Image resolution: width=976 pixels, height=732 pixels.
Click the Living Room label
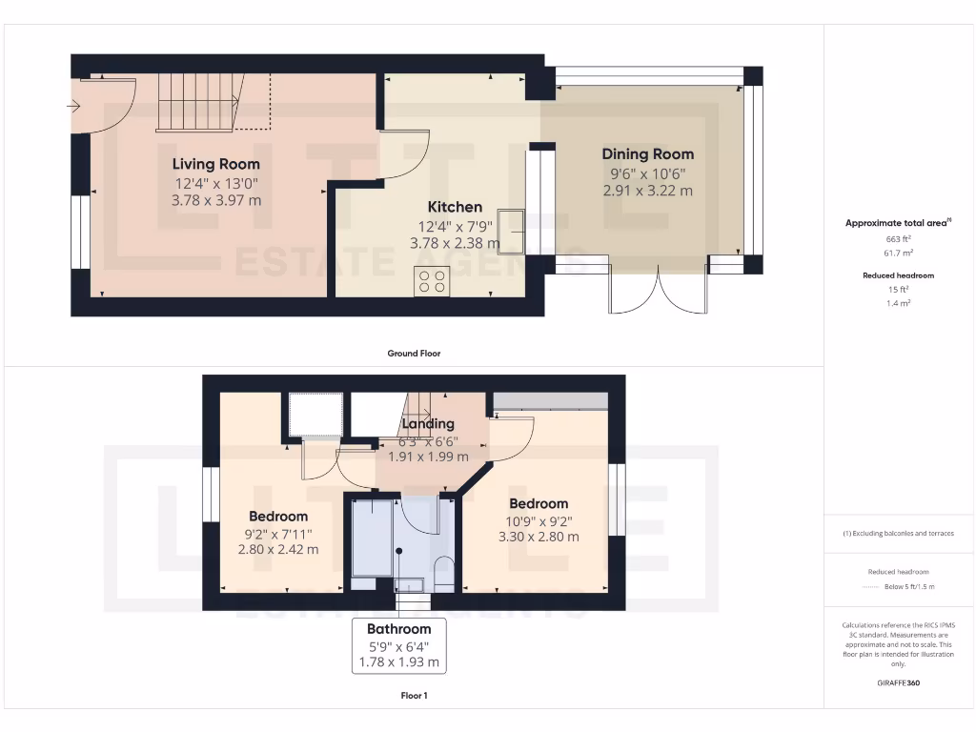coord(215,164)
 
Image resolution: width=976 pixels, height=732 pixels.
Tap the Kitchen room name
coord(455,207)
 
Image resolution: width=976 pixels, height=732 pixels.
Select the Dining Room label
coord(647,153)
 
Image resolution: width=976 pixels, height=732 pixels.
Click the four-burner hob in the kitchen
coord(432,281)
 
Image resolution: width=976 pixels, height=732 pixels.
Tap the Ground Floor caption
coord(414,354)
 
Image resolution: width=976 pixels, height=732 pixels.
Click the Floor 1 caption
coord(414,696)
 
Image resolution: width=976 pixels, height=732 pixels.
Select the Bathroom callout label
coord(399,629)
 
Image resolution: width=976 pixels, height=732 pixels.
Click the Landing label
coord(428,423)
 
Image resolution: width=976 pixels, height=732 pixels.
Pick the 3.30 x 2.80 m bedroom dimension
coord(539,537)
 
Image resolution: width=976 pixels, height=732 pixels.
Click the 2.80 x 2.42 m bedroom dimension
coord(278,549)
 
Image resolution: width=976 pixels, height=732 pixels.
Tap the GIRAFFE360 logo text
coord(899,683)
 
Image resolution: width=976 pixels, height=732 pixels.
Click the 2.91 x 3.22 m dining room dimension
coord(647,190)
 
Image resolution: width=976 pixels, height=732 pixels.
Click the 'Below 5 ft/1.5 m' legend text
coord(909,586)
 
